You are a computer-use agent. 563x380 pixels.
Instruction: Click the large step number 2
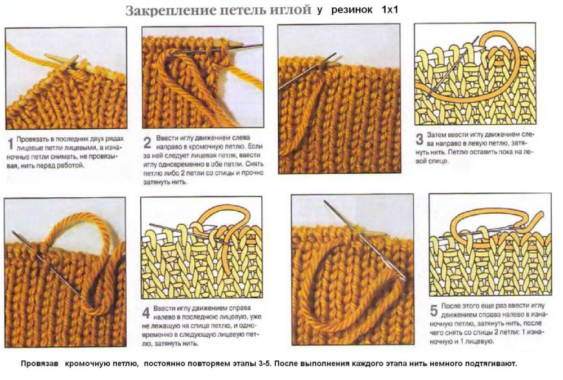(147, 142)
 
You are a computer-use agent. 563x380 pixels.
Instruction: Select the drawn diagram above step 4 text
(201, 247)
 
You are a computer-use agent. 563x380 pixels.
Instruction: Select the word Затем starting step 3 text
(437, 135)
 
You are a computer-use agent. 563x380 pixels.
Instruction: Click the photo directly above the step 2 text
(202, 78)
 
